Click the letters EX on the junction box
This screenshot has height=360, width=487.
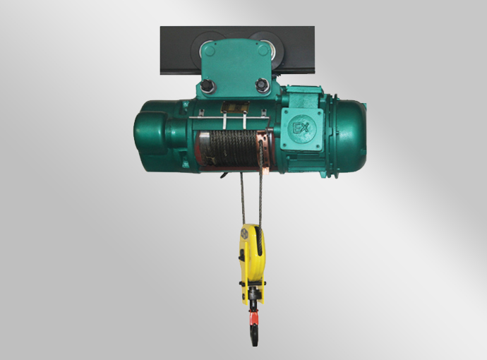pyautogui.click(x=301, y=128)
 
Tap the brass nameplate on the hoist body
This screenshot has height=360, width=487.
pyautogui.click(x=235, y=107)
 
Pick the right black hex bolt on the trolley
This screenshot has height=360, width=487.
pyautogui.click(x=262, y=85)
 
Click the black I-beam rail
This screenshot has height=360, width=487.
pyautogui.click(x=237, y=50)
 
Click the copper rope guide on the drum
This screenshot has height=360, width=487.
pyautogui.click(x=263, y=148)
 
